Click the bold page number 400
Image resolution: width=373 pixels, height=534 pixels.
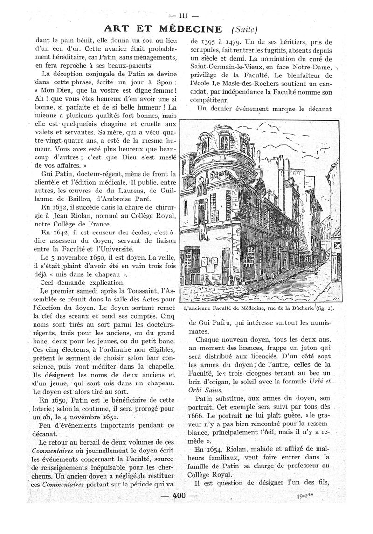pos(180,495)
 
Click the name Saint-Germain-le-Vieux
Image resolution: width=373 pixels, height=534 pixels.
pos(226,69)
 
